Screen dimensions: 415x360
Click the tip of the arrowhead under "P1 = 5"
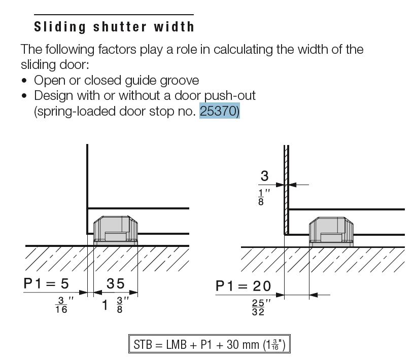(87, 292)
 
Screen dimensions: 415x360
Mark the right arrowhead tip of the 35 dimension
(137, 292)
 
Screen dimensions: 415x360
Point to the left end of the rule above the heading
(34, 15)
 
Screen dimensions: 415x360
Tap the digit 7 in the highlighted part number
(224, 111)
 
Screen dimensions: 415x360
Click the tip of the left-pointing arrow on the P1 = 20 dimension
(309, 295)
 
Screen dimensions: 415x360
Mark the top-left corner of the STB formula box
(129, 335)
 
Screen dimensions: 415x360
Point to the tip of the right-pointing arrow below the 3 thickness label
(284, 185)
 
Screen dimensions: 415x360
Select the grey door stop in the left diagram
(116, 231)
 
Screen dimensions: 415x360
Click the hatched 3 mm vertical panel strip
(286, 190)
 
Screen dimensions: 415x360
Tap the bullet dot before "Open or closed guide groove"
(24, 81)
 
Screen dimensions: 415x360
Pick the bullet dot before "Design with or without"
(24, 96)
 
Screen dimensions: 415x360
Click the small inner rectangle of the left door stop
(116, 236)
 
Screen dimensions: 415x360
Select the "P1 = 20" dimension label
(244, 286)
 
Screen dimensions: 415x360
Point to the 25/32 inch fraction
(261, 307)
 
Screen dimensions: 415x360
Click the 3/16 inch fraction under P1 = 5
(64, 305)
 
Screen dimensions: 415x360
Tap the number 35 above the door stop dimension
(115, 283)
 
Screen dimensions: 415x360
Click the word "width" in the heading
(174, 27)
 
